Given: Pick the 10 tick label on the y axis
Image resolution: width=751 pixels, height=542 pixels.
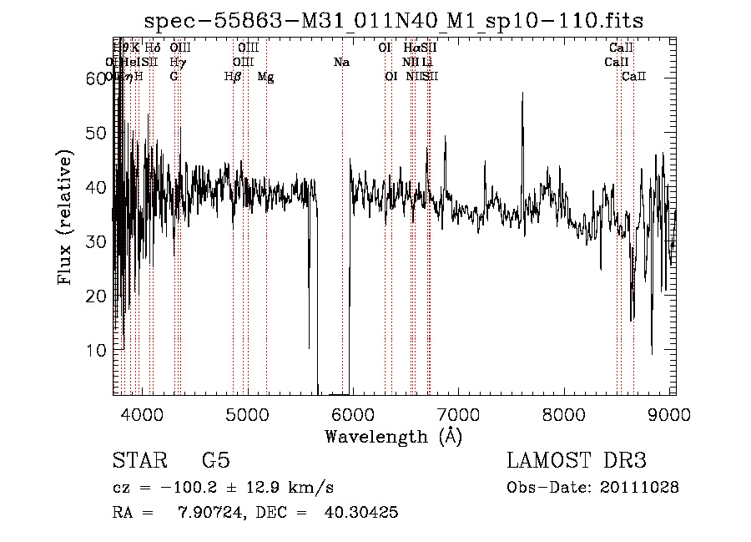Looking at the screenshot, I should click(96, 351).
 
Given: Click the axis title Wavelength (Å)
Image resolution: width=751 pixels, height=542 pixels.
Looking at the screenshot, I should click(393, 436).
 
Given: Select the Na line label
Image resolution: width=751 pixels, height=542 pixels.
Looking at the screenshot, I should click(341, 63).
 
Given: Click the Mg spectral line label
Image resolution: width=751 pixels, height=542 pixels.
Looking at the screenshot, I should click(265, 77).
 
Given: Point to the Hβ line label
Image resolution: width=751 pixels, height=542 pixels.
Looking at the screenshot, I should click(233, 77).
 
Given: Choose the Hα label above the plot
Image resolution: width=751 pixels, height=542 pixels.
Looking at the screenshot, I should click(411, 48).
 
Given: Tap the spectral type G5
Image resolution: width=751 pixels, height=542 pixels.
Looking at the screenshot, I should click(215, 461).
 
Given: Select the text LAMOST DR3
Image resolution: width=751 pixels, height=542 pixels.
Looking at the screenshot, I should click(577, 461).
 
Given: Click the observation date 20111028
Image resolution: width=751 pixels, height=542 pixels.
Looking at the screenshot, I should click(640, 487).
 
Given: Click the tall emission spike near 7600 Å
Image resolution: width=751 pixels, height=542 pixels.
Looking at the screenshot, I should click(522, 96).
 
